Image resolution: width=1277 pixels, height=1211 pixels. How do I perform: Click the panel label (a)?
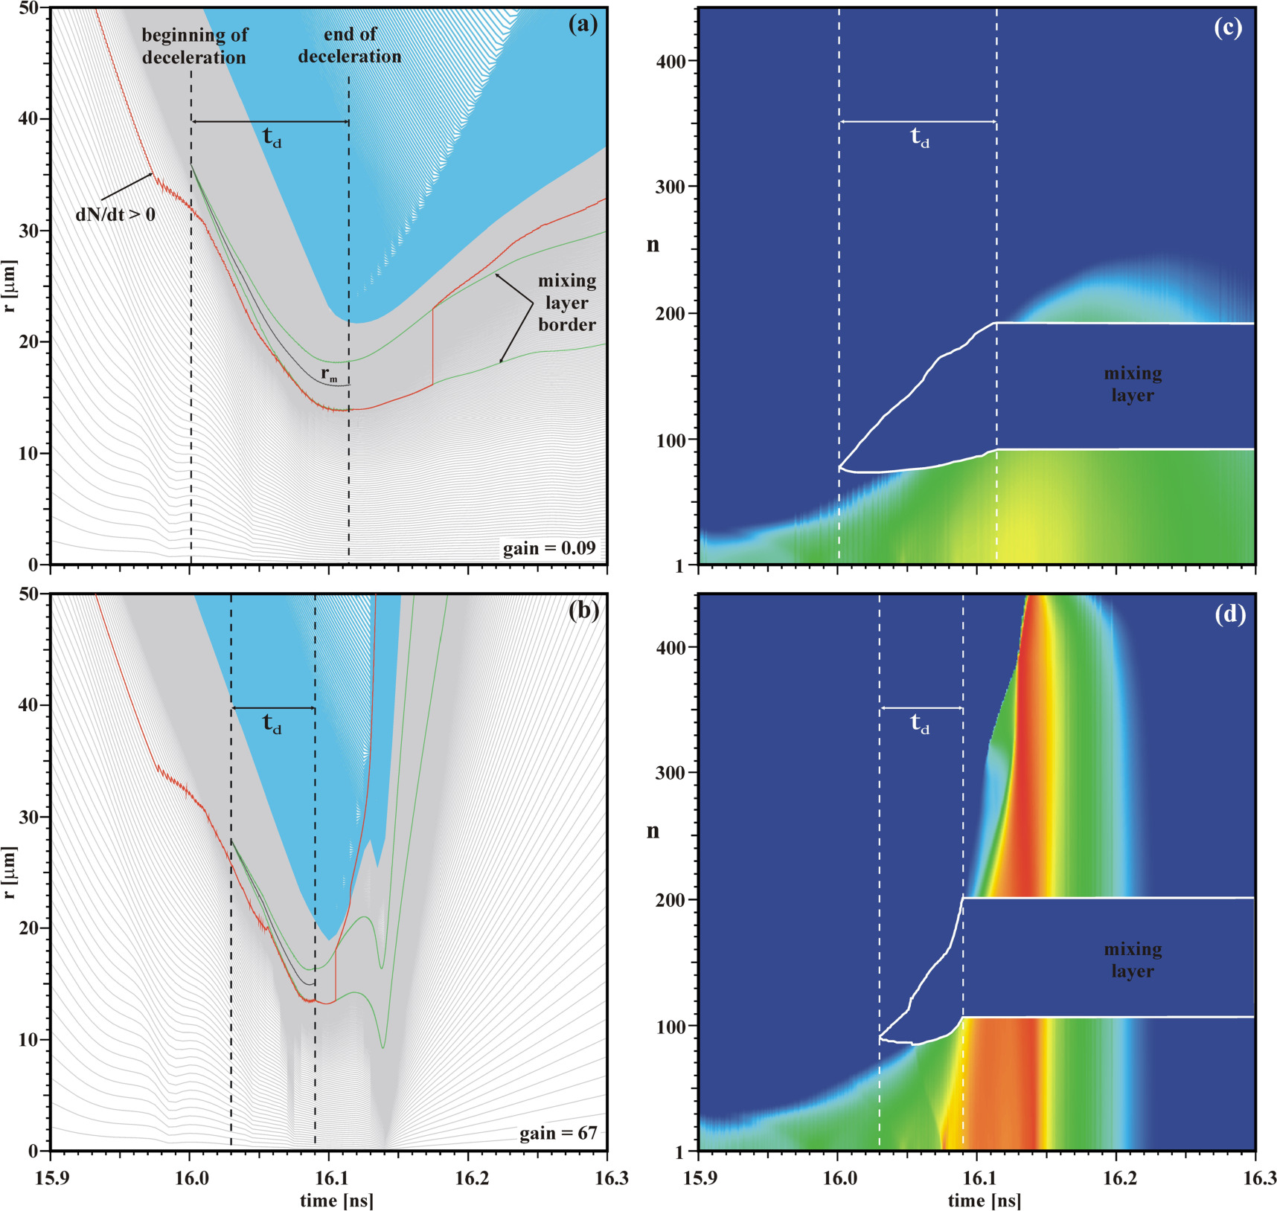coord(583,25)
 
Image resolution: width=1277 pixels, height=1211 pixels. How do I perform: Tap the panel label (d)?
coord(1229,614)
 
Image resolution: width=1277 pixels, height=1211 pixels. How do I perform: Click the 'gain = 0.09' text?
coord(549,548)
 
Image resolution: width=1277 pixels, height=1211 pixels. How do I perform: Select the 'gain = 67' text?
coord(558,1133)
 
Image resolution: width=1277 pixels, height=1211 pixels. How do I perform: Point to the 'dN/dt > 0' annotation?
coord(115,215)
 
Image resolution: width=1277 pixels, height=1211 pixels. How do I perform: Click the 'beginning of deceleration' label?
coord(194,46)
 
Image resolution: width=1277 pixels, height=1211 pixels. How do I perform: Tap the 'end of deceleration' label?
coord(350,45)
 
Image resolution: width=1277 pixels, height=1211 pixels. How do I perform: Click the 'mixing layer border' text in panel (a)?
coord(567,303)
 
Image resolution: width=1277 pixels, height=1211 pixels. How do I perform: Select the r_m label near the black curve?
coord(329,376)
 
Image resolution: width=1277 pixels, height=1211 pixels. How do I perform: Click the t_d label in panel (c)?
coord(921,138)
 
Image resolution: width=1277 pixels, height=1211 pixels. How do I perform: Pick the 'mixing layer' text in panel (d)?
coord(1133,960)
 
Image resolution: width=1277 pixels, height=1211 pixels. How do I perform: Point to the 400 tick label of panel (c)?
coord(671,61)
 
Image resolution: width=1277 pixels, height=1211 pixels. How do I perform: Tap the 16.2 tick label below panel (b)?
coord(468,1178)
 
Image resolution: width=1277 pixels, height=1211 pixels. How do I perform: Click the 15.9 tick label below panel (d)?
coord(699,1178)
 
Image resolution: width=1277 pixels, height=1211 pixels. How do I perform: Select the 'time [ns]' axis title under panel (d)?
coord(984,1200)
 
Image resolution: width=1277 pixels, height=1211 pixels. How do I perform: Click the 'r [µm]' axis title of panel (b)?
coord(9,872)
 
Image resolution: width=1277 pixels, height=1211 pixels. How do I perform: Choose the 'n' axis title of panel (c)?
coord(653,245)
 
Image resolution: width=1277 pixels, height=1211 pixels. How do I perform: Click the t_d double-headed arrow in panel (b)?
coord(273,708)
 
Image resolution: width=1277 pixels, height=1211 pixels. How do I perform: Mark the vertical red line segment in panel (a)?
coord(432,347)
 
